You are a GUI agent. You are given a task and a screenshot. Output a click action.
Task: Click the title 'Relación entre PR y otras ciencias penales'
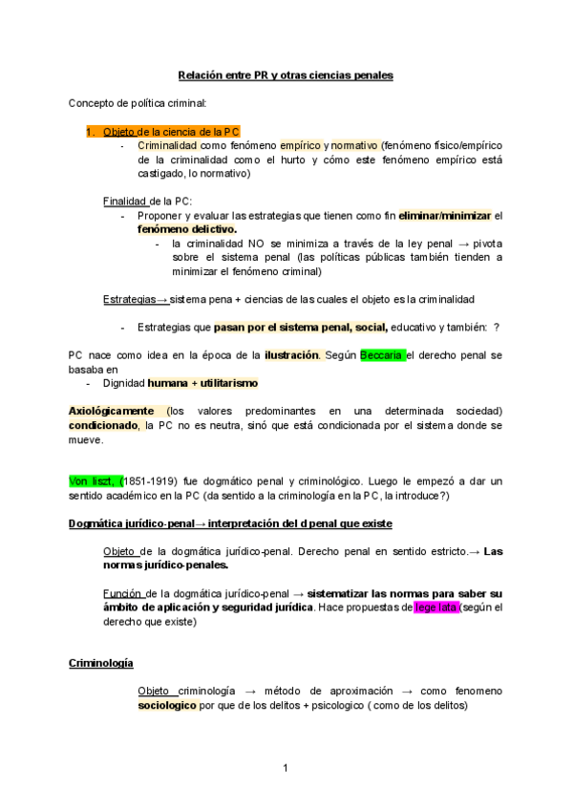point(286,75)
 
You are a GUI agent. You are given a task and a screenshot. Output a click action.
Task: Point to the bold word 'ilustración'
point(291,355)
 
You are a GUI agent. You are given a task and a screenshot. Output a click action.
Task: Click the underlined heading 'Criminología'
point(101,663)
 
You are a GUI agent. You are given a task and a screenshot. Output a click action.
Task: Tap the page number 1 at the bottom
point(286,768)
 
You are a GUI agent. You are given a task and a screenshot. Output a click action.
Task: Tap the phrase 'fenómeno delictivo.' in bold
point(187,230)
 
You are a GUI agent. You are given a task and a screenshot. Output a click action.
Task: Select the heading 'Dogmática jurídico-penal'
point(131,523)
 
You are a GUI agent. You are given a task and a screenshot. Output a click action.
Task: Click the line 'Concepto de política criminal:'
point(137,103)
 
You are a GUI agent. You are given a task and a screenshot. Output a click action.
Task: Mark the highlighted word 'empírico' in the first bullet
point(300,145)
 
